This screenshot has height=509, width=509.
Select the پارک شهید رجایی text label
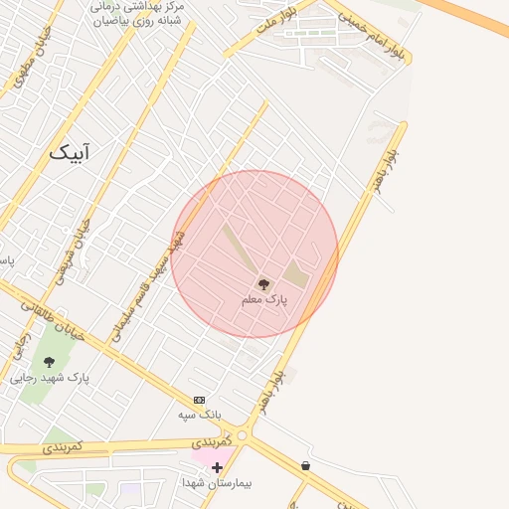tap(50, 379)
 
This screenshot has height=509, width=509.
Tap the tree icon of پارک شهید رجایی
tap(50, 362)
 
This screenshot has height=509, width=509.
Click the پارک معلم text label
tap(263, 299)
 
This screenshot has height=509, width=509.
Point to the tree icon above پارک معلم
tap(263, 283)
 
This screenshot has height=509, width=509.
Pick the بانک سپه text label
tap(200, 414)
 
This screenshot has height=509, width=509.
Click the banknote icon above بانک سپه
tap(199, 399)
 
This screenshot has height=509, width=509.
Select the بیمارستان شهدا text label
tap(218, 483)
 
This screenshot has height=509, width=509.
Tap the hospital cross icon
tap(217, 466)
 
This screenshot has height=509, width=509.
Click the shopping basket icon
tap(305, 464)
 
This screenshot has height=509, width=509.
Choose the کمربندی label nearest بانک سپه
tap(212, 438)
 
